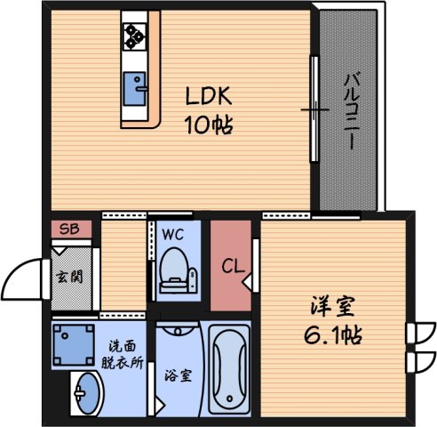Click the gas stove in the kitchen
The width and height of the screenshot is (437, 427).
136,35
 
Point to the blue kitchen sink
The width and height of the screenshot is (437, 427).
136,88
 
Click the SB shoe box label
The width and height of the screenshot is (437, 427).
68,230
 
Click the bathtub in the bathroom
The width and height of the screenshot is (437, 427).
231,367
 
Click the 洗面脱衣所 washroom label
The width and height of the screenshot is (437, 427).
123,353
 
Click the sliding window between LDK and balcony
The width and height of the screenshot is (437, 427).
314,107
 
